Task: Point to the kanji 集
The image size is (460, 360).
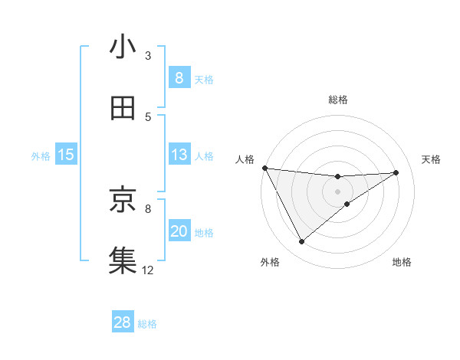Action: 123,259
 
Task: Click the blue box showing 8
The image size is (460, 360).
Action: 179,78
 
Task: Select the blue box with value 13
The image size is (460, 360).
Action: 179,155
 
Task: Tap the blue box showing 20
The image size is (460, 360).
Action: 179,231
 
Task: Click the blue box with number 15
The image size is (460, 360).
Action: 66,155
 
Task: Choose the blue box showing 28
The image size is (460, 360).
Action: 123,322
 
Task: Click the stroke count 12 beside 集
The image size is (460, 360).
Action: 148,270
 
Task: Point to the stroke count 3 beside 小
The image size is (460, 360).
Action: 148,55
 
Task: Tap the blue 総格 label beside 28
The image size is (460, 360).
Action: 147,324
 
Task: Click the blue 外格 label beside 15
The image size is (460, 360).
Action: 41,156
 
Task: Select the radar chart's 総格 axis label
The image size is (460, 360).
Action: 338,100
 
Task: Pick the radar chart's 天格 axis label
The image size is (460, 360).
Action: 432,159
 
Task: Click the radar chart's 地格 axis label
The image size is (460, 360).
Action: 402,262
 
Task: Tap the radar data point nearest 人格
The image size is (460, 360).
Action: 264,168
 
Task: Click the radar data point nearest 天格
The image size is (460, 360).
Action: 396,172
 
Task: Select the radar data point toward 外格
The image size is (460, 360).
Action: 301,242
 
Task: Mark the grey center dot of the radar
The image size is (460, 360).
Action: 338,191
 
